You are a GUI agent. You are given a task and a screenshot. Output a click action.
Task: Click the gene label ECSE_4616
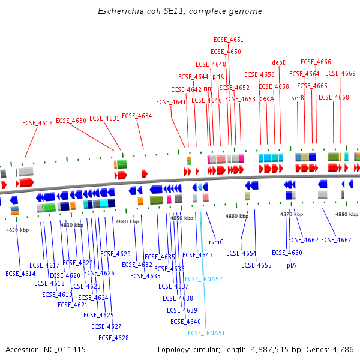pyautogui.click(x=38, y=123)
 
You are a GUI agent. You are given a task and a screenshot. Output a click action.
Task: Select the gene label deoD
pyautogui.click(x=280, y=62)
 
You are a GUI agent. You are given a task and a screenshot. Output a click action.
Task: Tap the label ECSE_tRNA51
pyautogui.click(x=206, y=333)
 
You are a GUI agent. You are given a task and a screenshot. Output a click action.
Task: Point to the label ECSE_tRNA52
pyautogui.click(x=203, y=279)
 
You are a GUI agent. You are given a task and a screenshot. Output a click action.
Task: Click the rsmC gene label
pyautogui.click(x=216, y=242)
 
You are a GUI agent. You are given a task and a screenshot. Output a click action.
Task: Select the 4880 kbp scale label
pyautogui.click(x=347, y=214)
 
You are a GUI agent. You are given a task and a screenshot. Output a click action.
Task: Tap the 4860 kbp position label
pyautogui.click(x=236, y=215)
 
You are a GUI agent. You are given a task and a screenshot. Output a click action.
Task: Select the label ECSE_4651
pyautogui.click(x=229, y=40)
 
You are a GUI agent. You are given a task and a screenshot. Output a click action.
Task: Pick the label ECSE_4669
pyautogui.click(x=340, y=73)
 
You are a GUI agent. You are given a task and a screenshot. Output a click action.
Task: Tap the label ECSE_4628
pyautogui.click(x=114, y=338)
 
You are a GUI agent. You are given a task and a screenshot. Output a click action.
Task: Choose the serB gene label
pyautogui.click(x=298, y=98)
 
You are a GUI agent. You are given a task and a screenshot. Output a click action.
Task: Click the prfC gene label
pyautogui.click(x=218, y=76)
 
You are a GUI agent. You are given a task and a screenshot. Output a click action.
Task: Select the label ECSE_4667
pyautogui.click(x=336, y=240)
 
